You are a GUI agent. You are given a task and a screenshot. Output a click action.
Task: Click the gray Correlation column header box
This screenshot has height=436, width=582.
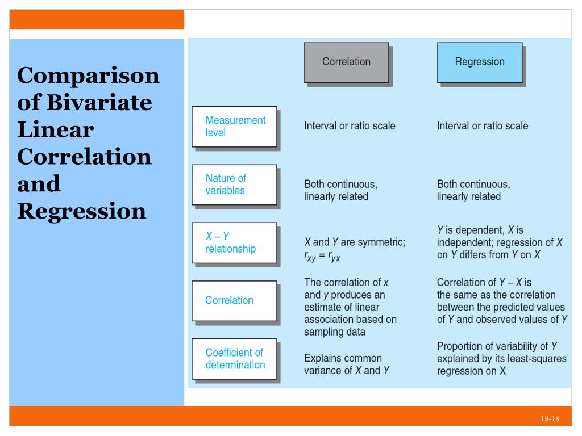346,62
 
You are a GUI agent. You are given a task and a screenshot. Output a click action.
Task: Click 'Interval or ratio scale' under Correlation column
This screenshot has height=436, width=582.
350,126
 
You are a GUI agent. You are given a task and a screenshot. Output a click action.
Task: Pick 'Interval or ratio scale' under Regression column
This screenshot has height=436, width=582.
483,126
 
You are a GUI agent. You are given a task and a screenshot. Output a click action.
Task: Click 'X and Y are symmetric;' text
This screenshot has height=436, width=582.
355,242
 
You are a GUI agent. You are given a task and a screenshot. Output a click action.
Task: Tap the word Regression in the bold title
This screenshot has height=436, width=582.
82,211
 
